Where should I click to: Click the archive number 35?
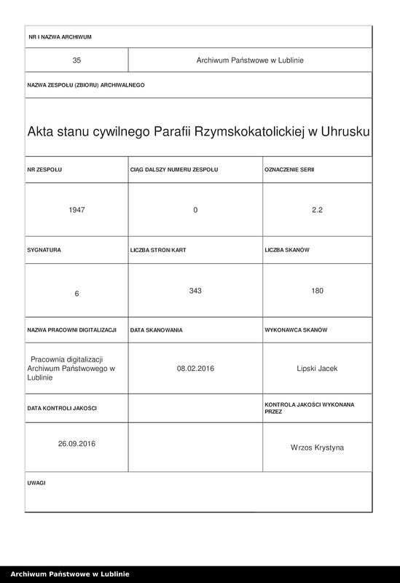(77, 60)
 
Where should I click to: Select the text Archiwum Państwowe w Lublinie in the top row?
(250, 60)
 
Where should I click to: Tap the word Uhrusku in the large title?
(343, 132)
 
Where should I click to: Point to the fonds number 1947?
(77, 210)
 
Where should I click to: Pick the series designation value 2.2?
(317, 210)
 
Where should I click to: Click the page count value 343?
(195, 291)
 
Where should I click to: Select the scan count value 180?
(317, 291)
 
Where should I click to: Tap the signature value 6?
(77, 293)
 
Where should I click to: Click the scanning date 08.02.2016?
(195, 369)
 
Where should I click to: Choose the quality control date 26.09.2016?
(77, 443)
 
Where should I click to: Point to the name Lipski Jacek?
(317, 369)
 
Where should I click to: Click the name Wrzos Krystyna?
(317, 447)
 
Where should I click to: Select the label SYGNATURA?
(44, 250)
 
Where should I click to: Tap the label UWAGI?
(37, 483)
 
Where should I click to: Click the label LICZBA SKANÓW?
(288, 250)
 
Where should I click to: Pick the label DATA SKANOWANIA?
(157, 330)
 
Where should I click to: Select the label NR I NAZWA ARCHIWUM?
(60, 36)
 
